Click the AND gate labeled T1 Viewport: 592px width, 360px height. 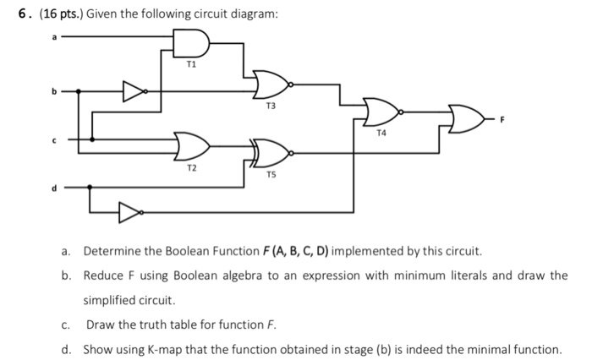(x=189, y=44)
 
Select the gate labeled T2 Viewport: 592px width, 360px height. (x=190, y=145)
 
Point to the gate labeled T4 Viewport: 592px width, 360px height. (x=381, y=111)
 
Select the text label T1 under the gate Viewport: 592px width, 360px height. (x=190, y=64)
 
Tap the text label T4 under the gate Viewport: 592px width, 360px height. (x=382, y=133)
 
